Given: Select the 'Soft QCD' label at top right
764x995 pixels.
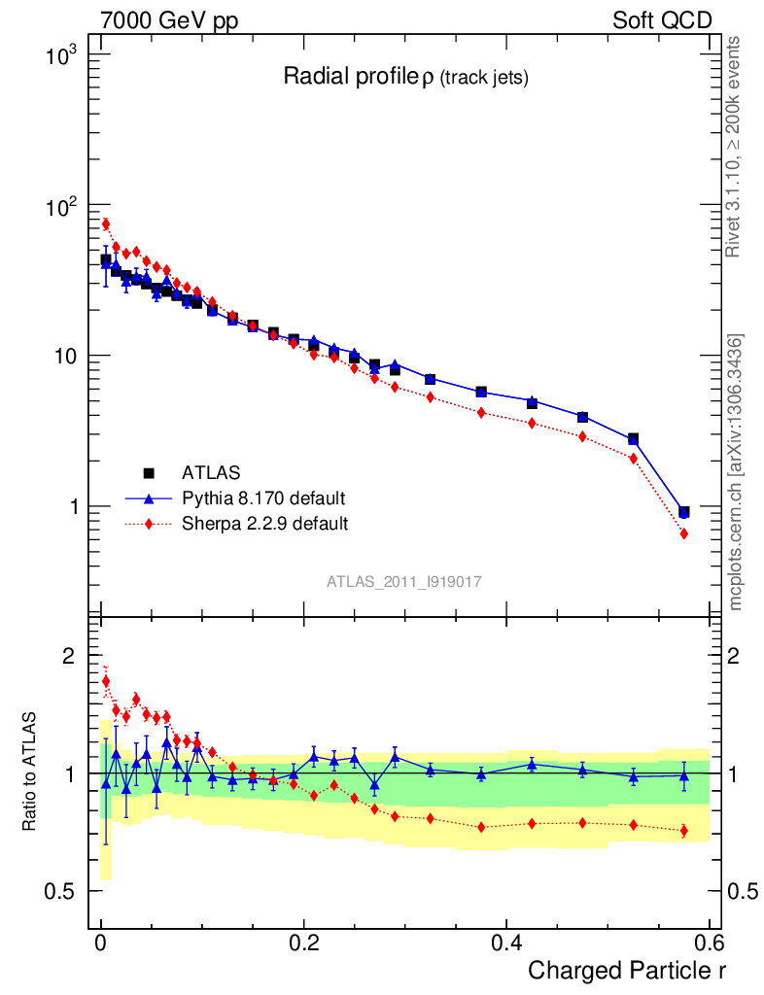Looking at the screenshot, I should [662, 20].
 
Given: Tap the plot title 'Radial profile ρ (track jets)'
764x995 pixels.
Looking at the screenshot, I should [405, 78].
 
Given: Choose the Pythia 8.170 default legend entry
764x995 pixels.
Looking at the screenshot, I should [262, 498].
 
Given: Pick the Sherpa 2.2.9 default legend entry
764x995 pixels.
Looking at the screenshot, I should [264, 524].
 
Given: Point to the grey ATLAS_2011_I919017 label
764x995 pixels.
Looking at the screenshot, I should [404, 581].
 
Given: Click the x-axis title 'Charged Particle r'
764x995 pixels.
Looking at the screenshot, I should [626, 970].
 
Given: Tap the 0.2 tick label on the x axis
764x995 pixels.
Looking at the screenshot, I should [304, 944].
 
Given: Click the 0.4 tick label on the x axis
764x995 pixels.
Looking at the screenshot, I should [505, 944].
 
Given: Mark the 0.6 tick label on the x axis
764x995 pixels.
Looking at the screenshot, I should [708, 944].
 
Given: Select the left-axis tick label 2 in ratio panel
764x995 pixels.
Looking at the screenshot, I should [68, 656].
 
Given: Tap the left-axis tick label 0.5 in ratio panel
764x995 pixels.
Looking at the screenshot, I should [60, 891].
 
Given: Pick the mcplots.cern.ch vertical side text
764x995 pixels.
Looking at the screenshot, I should [736, 472].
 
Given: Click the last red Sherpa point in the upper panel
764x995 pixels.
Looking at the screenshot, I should [684, 533].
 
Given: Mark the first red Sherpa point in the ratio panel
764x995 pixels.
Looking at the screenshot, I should [106, 681].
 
